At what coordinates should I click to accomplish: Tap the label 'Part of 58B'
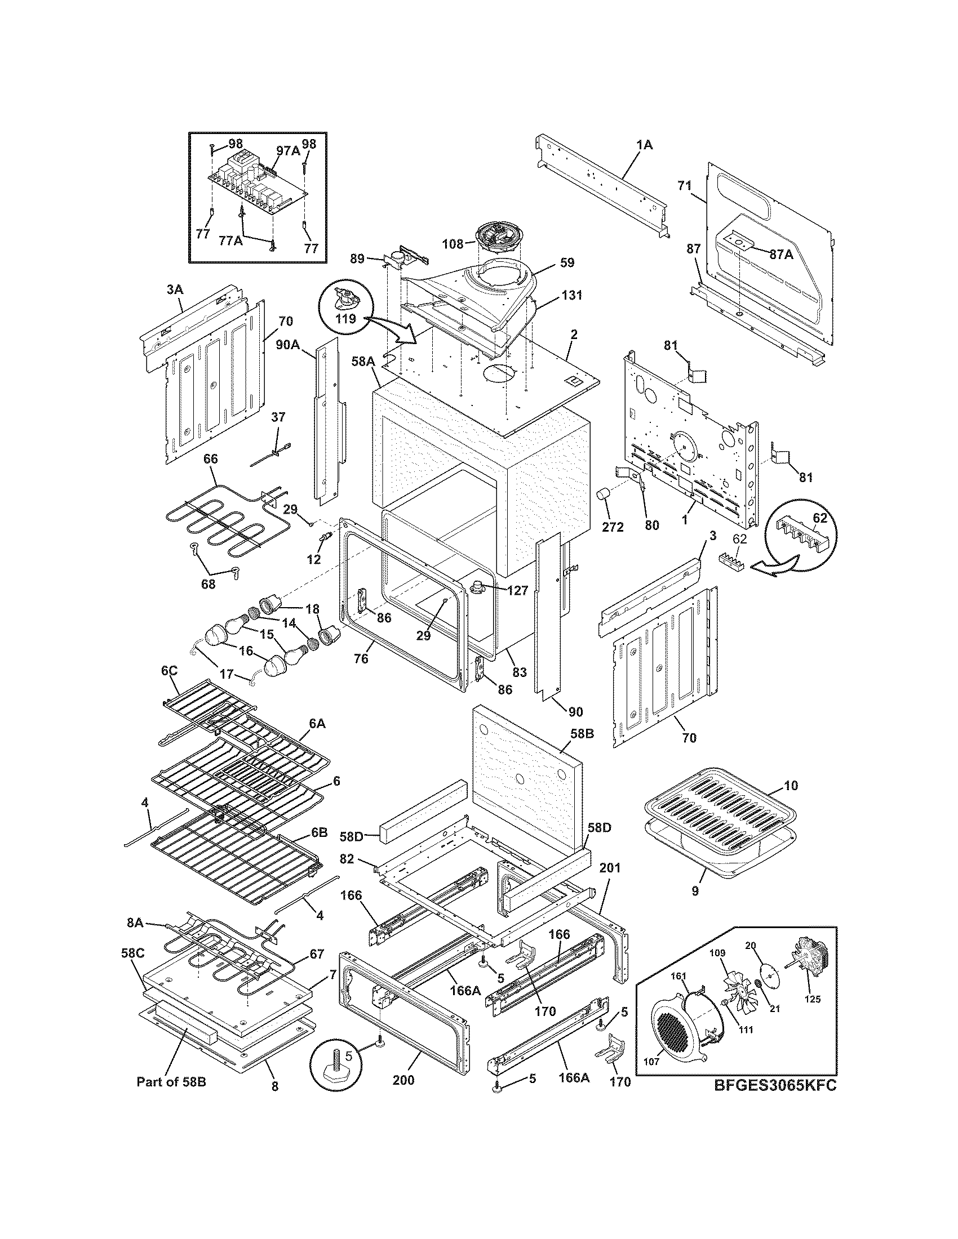171,1082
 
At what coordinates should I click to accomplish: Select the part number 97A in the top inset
288,150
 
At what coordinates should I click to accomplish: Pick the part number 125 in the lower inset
812,1000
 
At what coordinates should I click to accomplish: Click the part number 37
278,417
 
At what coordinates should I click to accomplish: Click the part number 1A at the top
644,145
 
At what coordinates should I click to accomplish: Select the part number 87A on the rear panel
782,255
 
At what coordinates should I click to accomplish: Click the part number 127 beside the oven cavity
517,590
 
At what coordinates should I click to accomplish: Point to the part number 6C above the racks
169,671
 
